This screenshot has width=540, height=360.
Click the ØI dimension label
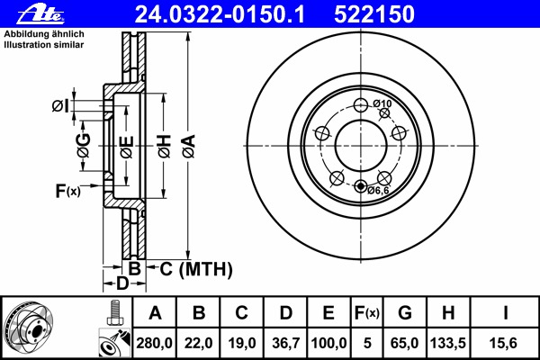pos(58,107)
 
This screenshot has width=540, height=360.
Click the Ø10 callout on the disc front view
pos(383,104)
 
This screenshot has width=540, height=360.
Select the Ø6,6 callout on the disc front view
pos(378,190)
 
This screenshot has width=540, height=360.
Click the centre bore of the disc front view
pos(361,144)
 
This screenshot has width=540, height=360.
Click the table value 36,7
pos(285,342)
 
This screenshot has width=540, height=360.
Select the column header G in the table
pos(404,313)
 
